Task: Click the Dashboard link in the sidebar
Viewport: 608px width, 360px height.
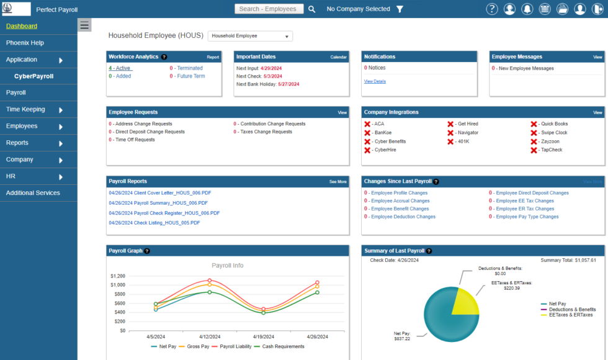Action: [22, 26]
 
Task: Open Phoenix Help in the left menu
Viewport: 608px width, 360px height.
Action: [25, 43]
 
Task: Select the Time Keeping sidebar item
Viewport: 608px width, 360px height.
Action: [25, 109]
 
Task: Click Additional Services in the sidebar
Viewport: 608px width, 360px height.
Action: [33, 193]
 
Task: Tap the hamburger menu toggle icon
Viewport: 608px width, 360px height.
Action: [85, 25]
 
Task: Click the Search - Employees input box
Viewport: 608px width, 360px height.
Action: [269, 9]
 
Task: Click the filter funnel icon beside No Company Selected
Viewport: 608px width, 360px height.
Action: [400, 9]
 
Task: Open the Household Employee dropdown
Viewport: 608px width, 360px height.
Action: [250, 36]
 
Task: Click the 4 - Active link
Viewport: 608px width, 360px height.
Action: [120, 68]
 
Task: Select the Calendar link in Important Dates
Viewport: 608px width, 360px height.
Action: [338, 57]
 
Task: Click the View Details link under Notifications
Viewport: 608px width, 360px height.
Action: [375, 81]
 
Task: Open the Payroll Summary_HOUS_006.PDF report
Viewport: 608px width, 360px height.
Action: [158, 203]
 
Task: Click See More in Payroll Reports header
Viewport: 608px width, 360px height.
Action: [338, 182]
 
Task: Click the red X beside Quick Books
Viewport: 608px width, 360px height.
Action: [534, 124]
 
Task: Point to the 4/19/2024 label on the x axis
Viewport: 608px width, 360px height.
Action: [263, 337]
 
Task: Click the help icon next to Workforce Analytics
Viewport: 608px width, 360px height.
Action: [164, 56]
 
